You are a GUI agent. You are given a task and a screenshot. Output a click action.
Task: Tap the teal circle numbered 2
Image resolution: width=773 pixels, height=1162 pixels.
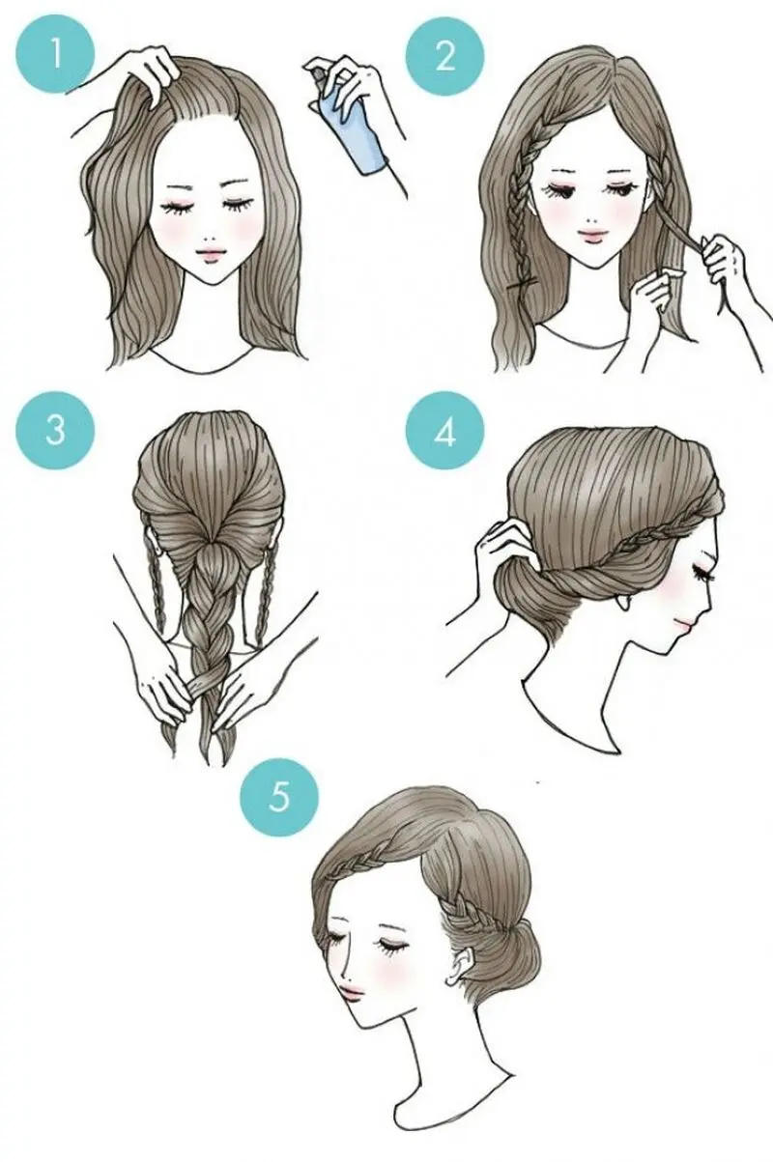point(444,56)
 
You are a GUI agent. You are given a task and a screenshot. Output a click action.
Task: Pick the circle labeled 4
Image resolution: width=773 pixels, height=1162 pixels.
point(444,433)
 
